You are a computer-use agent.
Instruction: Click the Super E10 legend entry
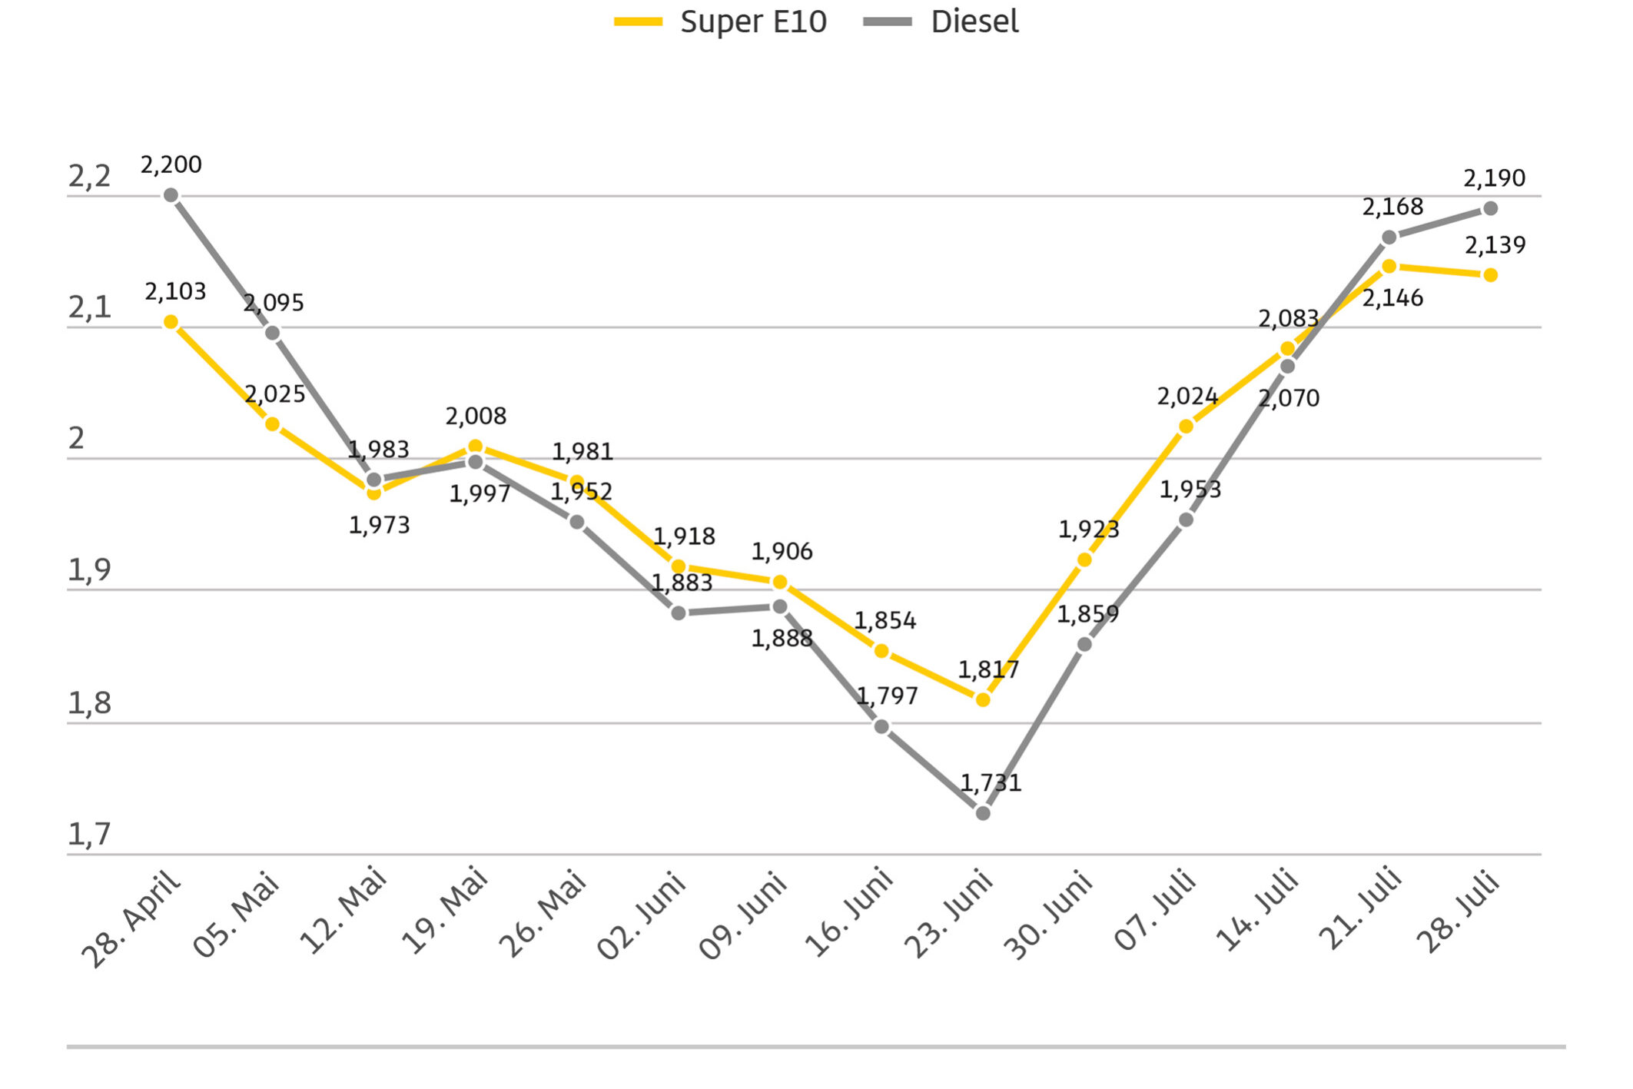(720, 22)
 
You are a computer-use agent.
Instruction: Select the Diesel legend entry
(941, 22)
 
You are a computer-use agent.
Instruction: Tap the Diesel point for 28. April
(171, 195)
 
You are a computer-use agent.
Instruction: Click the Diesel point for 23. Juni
(983, 813)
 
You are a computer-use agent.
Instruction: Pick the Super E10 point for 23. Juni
(983, 700)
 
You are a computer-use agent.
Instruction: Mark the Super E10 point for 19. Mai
(476, 447)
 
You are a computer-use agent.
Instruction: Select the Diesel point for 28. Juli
(1491, 208)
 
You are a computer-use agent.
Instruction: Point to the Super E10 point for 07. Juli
(1186, 427)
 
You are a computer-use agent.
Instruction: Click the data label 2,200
(171, 164)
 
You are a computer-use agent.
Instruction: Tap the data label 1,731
(991, 783)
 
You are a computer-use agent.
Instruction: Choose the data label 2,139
(1495, 245)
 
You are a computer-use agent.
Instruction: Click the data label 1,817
(988, 670)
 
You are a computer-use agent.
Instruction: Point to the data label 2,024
(1187, 397)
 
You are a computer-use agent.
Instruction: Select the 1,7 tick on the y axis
(89, 835)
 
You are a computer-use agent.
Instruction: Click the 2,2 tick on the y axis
(89, 177)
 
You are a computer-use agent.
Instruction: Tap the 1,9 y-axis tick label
(89, 571)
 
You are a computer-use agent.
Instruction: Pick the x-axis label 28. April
(131, 918)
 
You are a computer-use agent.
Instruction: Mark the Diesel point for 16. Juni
(882, 726)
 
